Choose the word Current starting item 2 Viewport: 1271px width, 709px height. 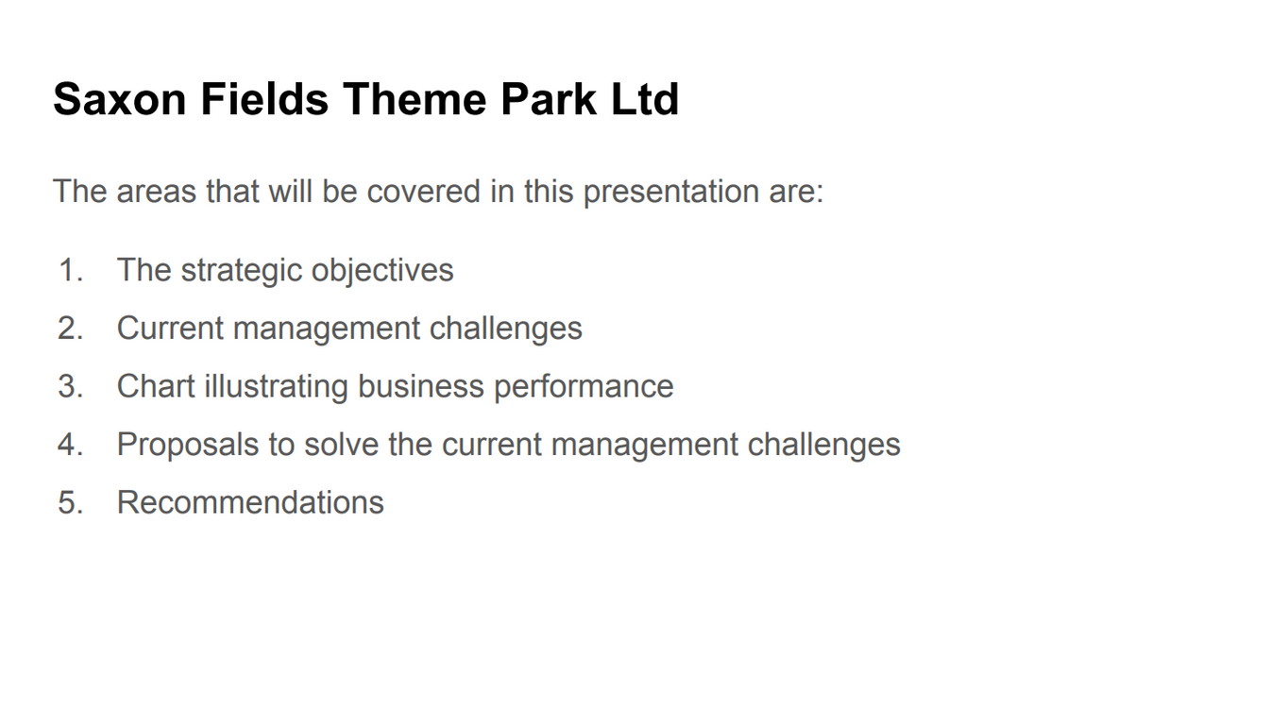click(x=170, y=329)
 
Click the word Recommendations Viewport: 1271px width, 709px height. click(x=250, y=502)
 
